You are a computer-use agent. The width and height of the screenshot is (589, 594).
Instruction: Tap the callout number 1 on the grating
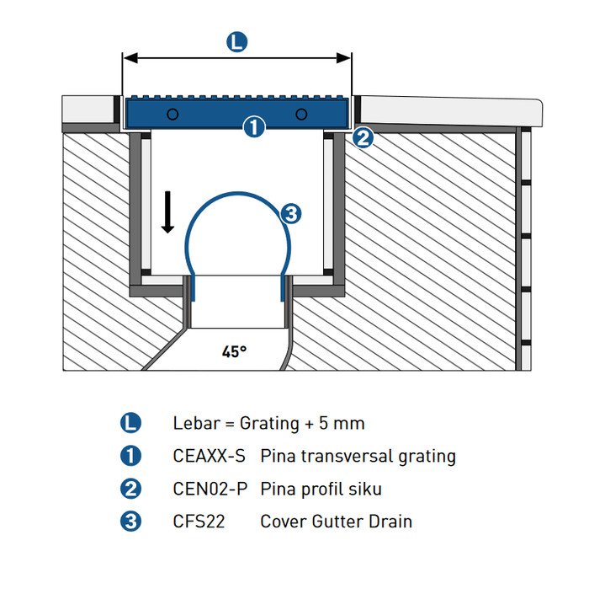[253, 127]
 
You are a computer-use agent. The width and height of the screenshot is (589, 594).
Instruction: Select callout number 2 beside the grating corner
[363, 136]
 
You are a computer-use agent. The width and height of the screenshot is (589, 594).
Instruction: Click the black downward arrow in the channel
[167, 211]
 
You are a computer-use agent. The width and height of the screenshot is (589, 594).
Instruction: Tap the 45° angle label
[234, 351]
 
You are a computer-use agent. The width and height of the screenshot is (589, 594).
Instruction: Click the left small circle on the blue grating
[172, 114]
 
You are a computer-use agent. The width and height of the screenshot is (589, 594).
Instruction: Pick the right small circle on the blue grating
[301, 114]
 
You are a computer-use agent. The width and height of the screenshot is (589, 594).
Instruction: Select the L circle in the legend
[131, 423]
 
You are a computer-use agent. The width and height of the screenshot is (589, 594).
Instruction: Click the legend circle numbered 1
[131, 456]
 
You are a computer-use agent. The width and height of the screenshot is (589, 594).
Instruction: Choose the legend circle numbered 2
[131, 489]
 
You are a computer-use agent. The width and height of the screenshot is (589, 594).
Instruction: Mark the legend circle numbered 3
[131, 522]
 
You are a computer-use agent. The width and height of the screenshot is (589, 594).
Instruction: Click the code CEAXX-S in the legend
[209, 457]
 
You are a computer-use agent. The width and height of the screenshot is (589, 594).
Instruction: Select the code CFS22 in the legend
[198, 522]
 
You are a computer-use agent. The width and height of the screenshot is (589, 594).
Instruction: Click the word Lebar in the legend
[194, 423]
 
